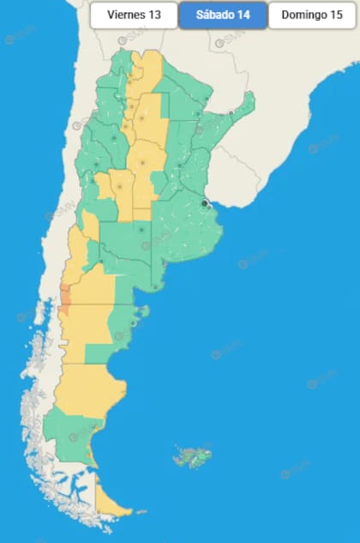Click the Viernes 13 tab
pos(134,15)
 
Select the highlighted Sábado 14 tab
pos(223,15)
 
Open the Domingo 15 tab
pos(312,15)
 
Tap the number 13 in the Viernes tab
pos(155,15)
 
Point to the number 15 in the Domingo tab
pos(337,15)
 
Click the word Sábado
pos(214,15)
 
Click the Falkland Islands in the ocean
pos(193,456)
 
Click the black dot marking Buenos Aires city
pos(205,203)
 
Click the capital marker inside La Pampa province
pos(141,230)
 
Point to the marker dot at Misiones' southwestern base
pos(231,112)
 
